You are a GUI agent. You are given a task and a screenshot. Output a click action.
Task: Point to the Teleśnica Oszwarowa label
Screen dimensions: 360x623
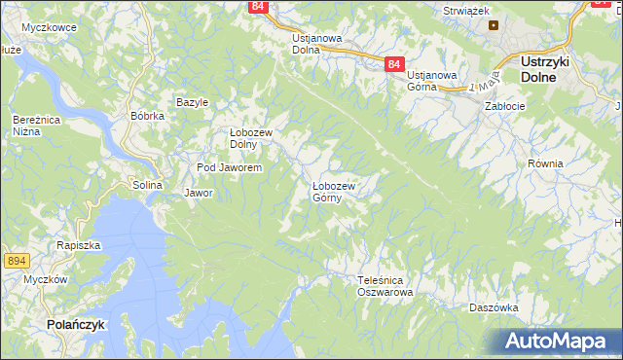pos(385,285)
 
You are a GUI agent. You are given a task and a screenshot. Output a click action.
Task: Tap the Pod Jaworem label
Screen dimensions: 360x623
pos(229,167)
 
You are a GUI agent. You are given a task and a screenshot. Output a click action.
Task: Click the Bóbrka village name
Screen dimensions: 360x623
pos(147,115)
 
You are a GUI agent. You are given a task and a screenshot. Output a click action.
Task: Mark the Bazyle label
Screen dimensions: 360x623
pos(193,102)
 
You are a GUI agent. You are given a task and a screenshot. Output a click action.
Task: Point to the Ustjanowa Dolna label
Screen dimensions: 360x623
pos(317,44)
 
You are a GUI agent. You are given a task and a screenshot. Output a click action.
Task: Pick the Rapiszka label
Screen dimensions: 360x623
pos(79,245)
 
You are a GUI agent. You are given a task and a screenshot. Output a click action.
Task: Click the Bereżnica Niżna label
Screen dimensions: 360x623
pos(31,125)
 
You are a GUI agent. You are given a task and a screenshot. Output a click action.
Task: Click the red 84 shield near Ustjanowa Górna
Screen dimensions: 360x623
pos(392,63)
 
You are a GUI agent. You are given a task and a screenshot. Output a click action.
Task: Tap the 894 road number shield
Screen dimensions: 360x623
pos(16,260)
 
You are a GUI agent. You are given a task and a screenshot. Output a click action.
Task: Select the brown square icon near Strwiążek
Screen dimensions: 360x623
pos(494,25)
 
